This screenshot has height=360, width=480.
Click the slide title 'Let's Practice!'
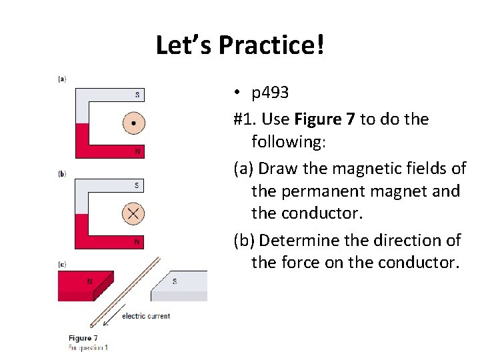tap(241, 45)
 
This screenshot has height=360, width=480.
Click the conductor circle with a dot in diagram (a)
tap(133, 123)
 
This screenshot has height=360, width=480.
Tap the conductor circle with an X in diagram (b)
tap(133, 213)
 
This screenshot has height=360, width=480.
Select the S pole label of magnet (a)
tap(137, 95)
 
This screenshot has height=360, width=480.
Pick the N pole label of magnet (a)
tap(137, 151)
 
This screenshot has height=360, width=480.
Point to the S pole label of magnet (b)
tap(137, 185)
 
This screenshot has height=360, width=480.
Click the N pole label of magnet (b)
tap(137, 241)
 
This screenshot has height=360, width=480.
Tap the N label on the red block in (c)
tap(89, 281)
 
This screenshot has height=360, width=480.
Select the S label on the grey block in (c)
tap(175, 281)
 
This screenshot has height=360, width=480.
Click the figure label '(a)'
tap(62, 79)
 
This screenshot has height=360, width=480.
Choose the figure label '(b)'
tap(62, 174)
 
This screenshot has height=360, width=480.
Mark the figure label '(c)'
tap(62, 265)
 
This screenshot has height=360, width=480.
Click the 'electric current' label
tap(146, 316)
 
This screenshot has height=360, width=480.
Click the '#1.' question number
tap(245, 119)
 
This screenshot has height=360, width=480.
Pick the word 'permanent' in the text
tap(313, 191)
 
